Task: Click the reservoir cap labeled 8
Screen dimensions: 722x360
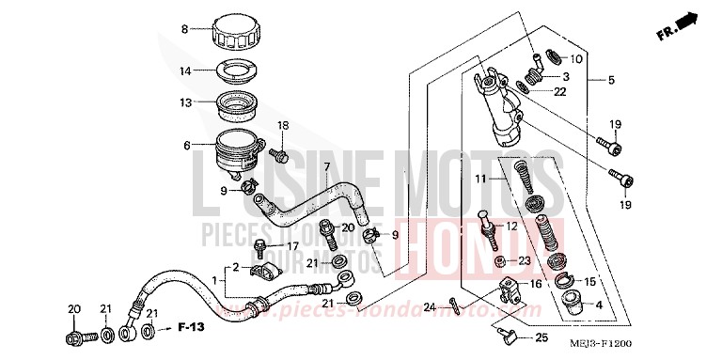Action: [240, 35]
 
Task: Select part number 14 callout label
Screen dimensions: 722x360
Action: [186, 70]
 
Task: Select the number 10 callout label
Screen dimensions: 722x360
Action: [576, 59]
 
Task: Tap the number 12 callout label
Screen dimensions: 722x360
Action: [539, 226]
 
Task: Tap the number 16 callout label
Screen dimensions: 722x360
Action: [537, 282]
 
